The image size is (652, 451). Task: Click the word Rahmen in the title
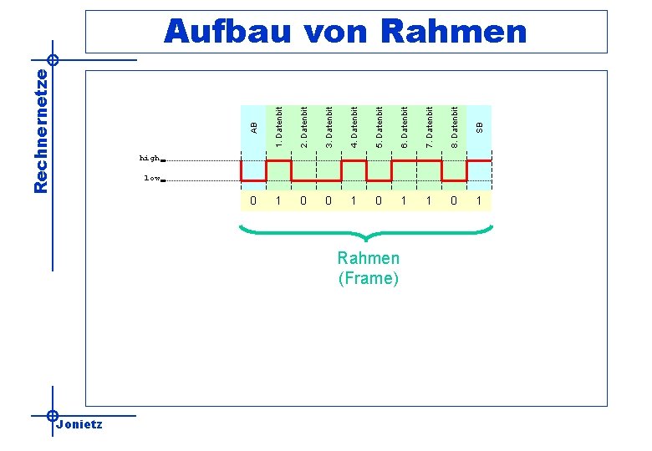tap(455, 32)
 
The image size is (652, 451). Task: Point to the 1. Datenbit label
tap(279, 127)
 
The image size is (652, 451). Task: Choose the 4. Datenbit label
tap(354, 127)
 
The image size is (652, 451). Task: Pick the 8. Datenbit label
tap(455, 127)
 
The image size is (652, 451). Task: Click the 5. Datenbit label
tap(379, 127)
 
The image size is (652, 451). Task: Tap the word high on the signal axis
tap(149, 158)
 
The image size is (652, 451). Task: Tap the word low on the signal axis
tap(151, 178)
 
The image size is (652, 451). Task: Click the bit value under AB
tap(253, 200)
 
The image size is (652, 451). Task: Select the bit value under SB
tap(479, 200)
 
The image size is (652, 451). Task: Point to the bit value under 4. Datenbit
tap(354, 200)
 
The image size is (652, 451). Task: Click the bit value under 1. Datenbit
tap(278, 200)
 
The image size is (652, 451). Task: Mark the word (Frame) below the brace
tap(369, 279)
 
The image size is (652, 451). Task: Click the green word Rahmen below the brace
tap(369, 259)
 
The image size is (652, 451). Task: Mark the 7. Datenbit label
tap(430, 127)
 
